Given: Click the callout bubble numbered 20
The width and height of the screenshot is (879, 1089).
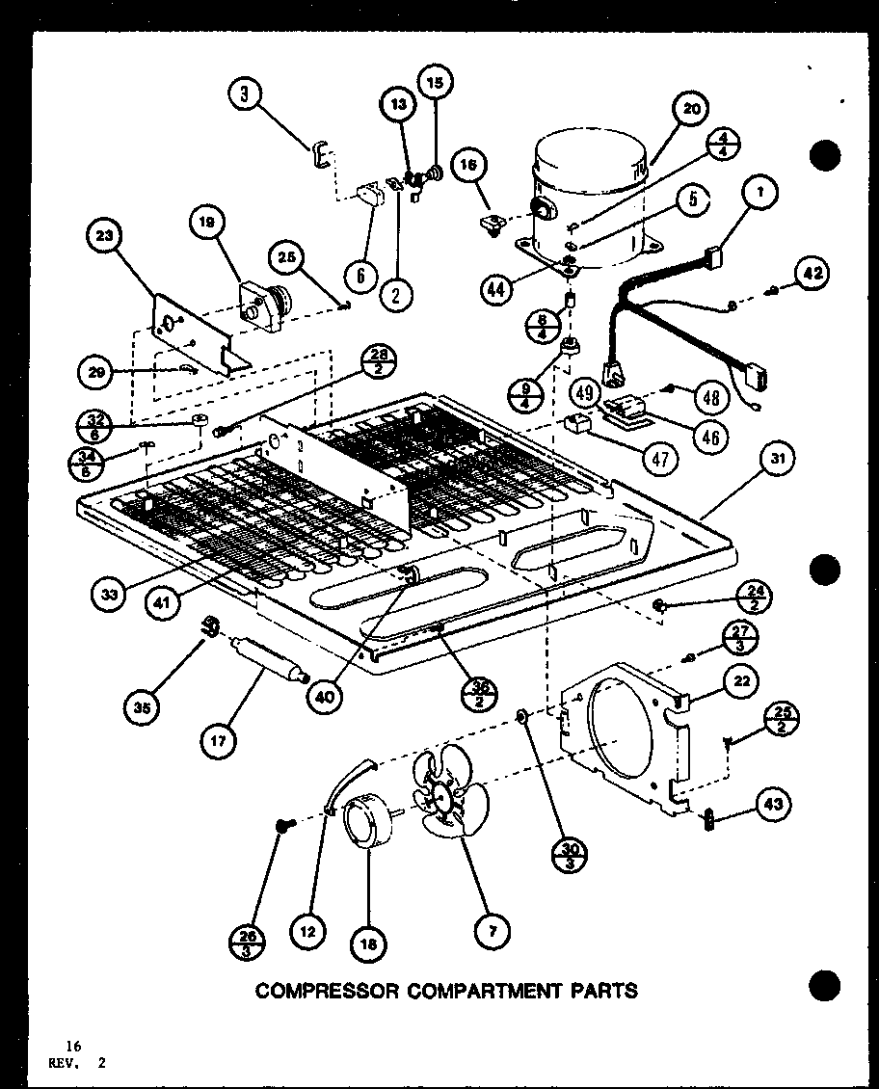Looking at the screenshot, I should (x=692, y=109).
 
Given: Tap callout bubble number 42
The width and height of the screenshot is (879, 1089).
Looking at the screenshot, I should (x=812, y=274).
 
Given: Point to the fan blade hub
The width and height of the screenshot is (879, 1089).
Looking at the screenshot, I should (x=443, y=796).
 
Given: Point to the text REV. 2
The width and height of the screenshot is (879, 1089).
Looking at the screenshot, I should (x=85, y=1064).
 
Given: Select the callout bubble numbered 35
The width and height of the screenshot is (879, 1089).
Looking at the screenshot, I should (x=143, y=708).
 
